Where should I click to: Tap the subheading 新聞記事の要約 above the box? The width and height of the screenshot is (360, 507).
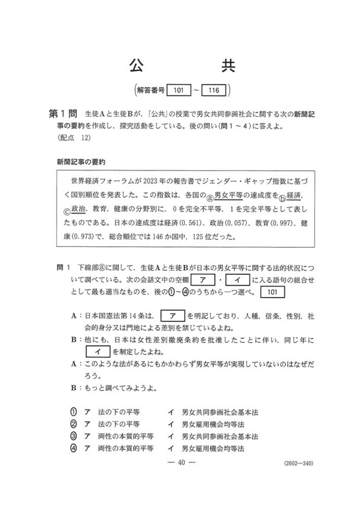coord(81,162)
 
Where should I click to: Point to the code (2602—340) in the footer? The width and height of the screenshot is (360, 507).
coord(298,464)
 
